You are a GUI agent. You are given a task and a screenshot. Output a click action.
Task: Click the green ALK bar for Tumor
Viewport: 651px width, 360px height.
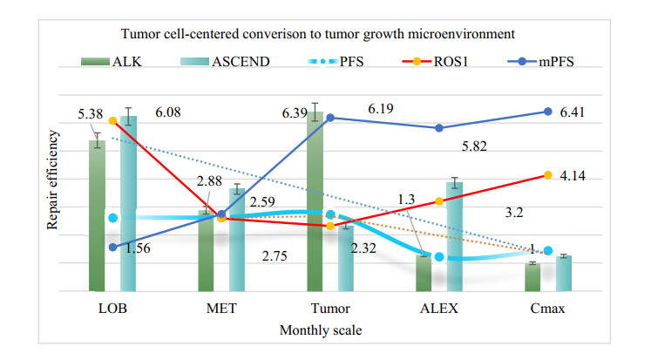[x=315, y=201]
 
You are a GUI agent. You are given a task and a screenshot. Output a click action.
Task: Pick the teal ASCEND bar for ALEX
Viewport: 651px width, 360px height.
[x=454, y=236]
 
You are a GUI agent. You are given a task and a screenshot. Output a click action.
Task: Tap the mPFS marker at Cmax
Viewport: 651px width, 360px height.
[x=548, y=112]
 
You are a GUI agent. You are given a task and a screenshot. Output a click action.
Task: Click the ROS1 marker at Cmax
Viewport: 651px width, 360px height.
[x=548, y=175]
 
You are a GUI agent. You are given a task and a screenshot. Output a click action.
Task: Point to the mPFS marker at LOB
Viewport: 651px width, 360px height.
[x=112, y=247]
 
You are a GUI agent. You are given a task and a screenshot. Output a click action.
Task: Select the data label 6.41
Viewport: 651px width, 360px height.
[x=572, y=112]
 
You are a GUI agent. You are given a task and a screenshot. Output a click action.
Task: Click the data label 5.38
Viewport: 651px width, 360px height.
[x=90, y=113]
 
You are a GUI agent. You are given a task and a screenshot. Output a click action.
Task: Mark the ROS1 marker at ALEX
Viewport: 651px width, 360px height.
[x=439, y=201]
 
